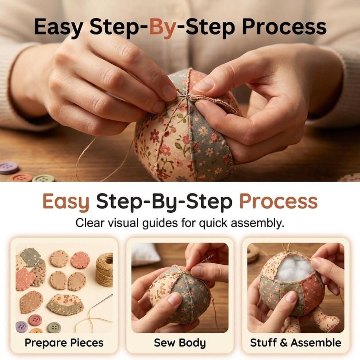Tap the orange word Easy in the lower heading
(x=66, y=201)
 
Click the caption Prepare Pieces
(x=64, y=343)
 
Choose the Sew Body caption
(x=180, y=343)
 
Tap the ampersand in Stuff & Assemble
(x=284, y=343)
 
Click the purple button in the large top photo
(x=9, y=168)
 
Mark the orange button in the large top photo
(x=21, y=177)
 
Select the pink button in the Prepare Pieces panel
(x=35, y=320)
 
